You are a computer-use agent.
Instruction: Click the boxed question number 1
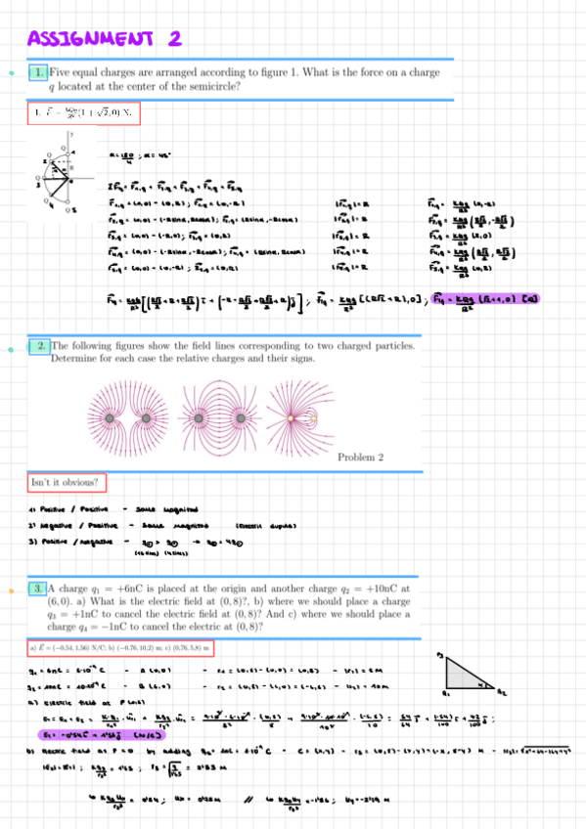[x=38, y=71]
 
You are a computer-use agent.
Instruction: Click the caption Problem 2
[x=360, y=457]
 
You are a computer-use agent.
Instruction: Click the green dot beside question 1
[x=10, y=72]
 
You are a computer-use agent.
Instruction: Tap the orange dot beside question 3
[x=10, y=589]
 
